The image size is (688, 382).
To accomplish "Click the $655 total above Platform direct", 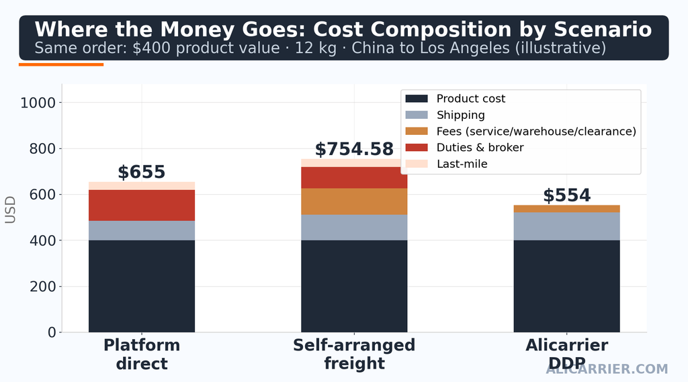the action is pyautogui.click(x=141, y=172).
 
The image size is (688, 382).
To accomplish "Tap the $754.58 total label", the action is pyautogui.click(x=354, y=149).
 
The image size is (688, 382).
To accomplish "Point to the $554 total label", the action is pyautogui.click(x=567, y=195).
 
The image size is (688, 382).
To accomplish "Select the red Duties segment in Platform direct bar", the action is pyautogui.click(x=142, y=205).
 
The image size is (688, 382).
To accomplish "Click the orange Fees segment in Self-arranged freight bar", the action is pyautogui.click(x=354, y=202).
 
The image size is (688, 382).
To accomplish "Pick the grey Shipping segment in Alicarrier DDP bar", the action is pyautogui.click(x=567, y=226).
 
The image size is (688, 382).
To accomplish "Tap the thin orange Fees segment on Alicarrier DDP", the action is pyautogui.click(x=567, y=209).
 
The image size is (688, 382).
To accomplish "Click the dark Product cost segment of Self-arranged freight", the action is pyautogui.click(x=354, y=286).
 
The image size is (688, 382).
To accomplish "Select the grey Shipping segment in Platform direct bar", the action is pyautogui.click(x=142, y=231).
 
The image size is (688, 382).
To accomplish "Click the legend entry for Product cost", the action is pyautogui.click(x=455, y=99).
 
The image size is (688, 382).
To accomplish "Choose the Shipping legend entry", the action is pyautogui.click(x=445, y=115).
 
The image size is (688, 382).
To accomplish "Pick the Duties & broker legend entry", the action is pyautogui.click(x=464, y=147).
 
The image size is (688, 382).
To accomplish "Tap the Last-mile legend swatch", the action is pyautogui.click(x=417, y=164).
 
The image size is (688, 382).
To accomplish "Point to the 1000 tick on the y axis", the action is pyautogui.click(x=38, y=103).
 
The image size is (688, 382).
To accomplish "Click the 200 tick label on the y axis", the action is pyautogui.click(x=42, y=287).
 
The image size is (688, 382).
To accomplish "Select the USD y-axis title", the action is pyautogui.click(x=10, y=209).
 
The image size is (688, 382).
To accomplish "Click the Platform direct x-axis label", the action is pyautogui.click(x=142, y=354).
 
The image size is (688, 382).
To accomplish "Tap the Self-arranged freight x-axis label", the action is pyautogui.click(x=354, y=354).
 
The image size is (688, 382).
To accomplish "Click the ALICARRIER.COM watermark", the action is pyautogui.click(x=607, y=369).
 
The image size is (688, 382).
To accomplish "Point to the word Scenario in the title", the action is pyautogui.click(x=603, y=30).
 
